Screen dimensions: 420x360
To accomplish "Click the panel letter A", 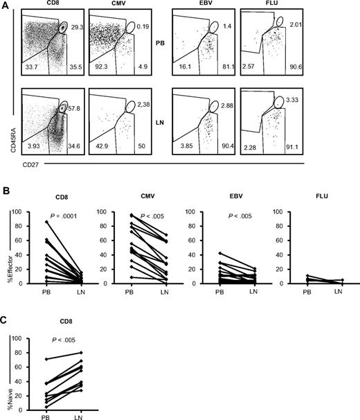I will tap(6, 6).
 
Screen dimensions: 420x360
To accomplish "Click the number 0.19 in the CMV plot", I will tap(143, 26).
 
